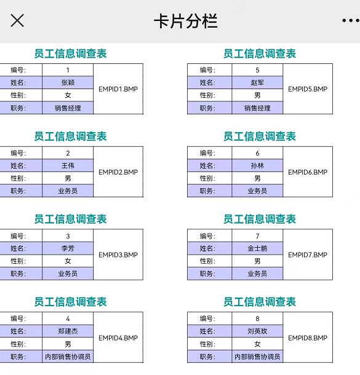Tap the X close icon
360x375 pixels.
[17, 20]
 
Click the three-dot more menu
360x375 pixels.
[351, 20]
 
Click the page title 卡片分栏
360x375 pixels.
[185, 21]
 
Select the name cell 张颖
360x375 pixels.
[68, 82]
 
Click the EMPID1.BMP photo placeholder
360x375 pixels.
[118, 89]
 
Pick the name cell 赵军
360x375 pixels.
[257, 82]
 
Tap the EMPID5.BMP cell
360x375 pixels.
[308, 89]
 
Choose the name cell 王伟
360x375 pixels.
[68, 165]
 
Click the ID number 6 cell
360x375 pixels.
[257, 153]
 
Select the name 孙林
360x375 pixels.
[257, 165]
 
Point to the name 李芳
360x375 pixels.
[68, 248]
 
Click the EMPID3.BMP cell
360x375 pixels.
[118, 255]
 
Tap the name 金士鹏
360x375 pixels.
[257, 248]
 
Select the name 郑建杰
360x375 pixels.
[68, 331]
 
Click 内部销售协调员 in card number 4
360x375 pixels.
[68, 357]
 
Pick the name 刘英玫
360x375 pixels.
[257, 331]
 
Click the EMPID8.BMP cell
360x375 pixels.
[308, 337]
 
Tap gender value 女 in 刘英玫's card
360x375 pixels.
[257, 344]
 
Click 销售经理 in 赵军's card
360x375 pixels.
[257, 108]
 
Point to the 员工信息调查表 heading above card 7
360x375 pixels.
[260, 219]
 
